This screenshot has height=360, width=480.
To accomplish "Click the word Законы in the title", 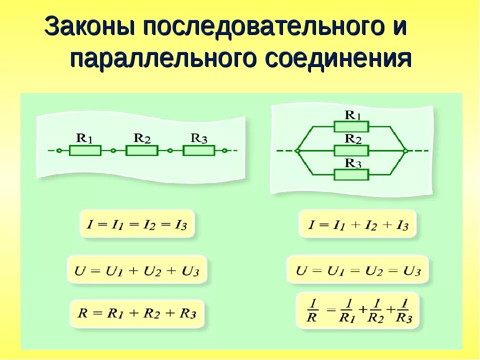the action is tap(89, 26).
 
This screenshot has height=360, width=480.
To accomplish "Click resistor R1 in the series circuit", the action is tap(85, 150).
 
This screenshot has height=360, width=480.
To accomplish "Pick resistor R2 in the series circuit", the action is tap(142, 150).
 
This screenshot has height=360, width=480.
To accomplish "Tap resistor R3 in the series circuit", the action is tap(198, 150).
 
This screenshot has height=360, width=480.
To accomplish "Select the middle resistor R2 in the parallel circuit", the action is tap(351, 150).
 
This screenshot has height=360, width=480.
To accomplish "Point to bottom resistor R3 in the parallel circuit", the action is tap(351, 174).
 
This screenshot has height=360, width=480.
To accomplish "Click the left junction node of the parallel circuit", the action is tap(297, 150).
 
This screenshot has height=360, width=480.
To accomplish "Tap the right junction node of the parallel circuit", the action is tap(405, 150).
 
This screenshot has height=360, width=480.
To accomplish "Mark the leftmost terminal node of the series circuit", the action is tap(59, 150).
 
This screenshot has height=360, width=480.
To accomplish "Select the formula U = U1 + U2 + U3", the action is tap(136, 271).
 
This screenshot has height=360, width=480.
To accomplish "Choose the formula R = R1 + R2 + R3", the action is tap(136, 314).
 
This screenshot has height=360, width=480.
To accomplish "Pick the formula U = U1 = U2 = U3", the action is tap(358, 271).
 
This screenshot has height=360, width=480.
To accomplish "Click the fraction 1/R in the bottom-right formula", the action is tap(312, 311).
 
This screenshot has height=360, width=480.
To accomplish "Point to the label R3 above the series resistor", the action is tap(199, 138).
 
